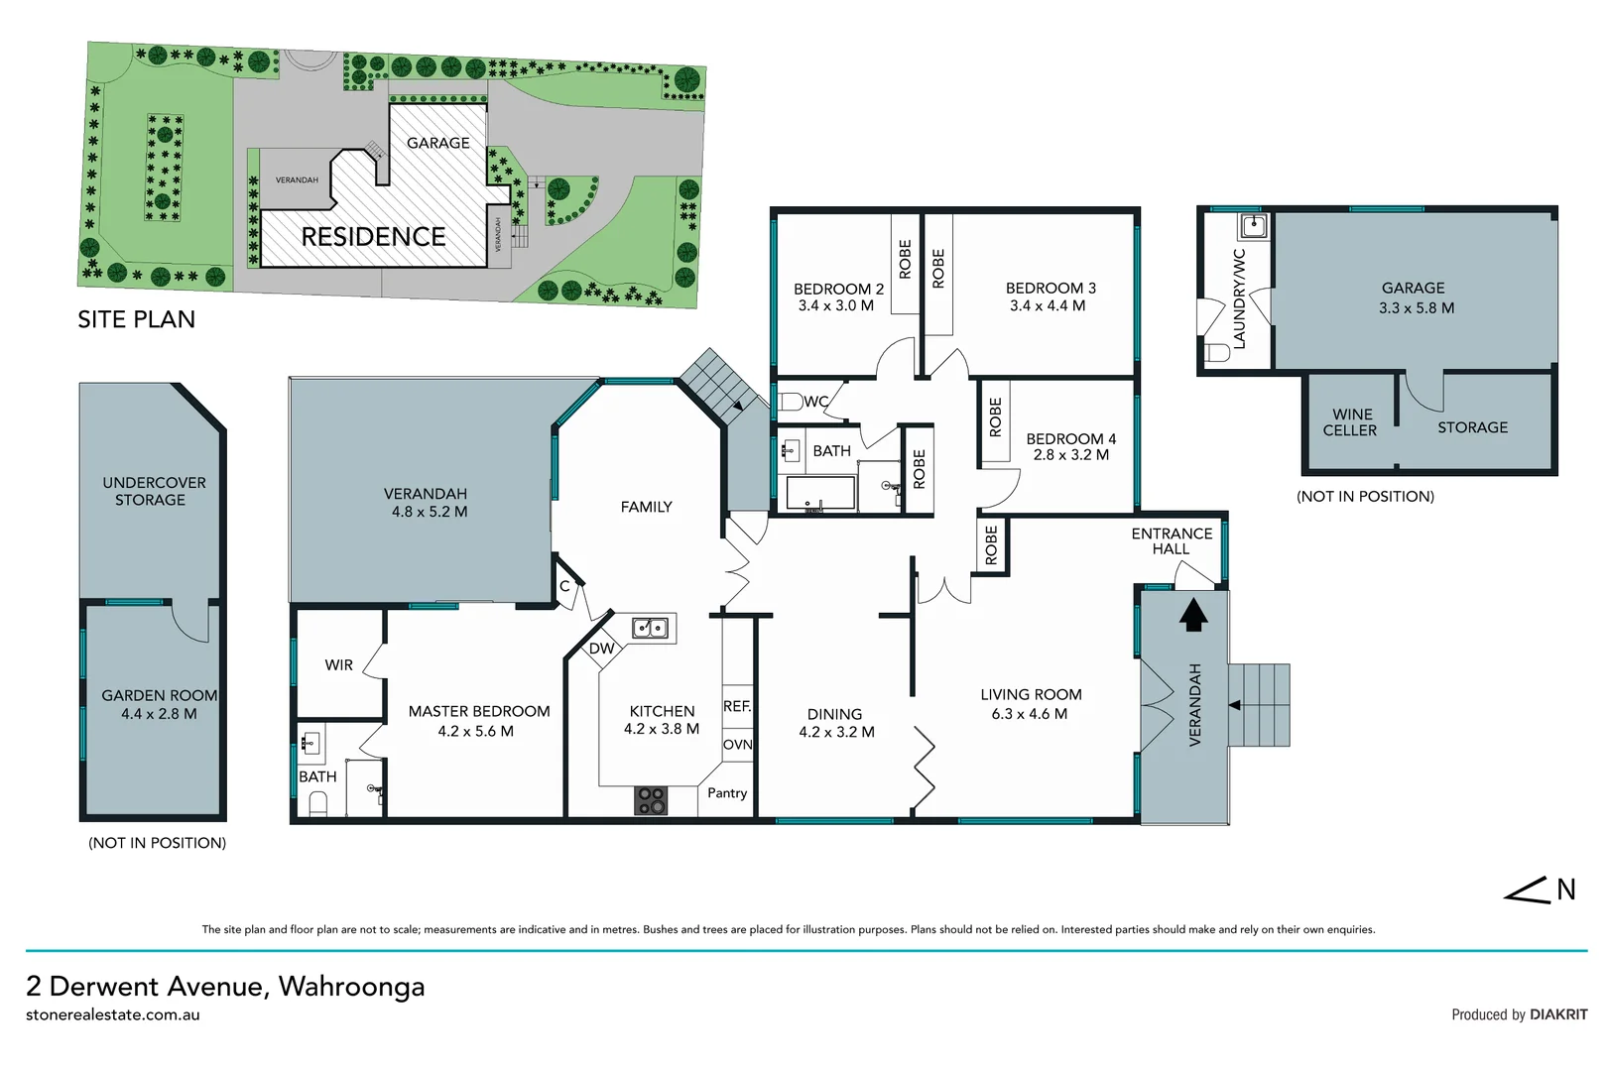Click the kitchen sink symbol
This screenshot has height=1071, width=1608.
(651, 628)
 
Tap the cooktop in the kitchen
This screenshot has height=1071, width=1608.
(652, 800)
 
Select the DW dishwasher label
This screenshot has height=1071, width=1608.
(601, 649)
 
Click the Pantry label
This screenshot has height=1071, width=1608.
(727, 793)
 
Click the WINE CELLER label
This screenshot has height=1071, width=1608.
(1350, 422)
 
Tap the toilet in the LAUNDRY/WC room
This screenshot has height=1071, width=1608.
(1217, 352)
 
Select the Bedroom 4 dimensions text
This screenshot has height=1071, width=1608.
(1070, 455)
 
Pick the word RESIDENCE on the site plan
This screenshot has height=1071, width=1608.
(373, 237)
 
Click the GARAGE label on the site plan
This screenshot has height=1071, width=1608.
(437, 144)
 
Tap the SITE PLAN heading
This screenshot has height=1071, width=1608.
(137, 319)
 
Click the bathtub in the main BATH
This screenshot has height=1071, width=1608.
(819, 493)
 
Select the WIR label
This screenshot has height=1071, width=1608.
(338, 665)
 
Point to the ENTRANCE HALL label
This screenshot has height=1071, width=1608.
(1172, 541)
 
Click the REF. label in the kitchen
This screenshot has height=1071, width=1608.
(737, 706)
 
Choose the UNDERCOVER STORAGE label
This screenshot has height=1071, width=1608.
(154, 491)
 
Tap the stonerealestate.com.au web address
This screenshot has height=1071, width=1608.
(113, 1014)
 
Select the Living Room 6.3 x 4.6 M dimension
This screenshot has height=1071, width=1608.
(1030, 714)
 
